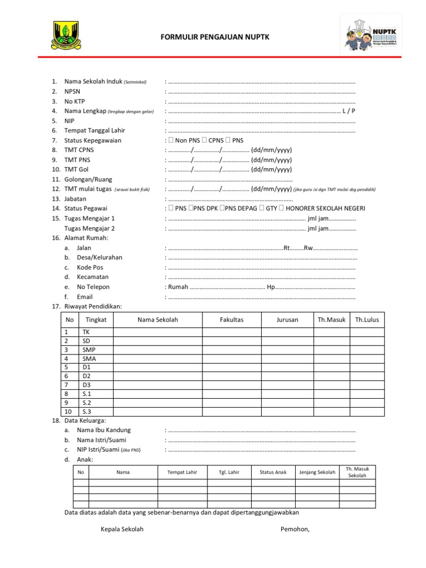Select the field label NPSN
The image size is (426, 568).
(72, 92)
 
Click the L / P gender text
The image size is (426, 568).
(349, 111)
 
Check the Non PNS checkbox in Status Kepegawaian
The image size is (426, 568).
(171, 140)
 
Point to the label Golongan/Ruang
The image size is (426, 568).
(88, 179)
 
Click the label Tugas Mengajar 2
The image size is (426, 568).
(89, 228)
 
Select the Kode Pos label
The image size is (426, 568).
(90, 267)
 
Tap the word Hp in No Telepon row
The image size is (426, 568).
(271, 287)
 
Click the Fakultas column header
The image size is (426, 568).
(231, 319)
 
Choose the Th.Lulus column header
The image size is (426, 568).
(367, 319)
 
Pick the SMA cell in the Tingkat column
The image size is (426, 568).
(89, 359)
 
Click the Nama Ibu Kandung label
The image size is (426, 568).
(104, 430)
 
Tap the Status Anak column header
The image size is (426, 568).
(273, 472)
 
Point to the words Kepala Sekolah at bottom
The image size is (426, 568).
(122, 529)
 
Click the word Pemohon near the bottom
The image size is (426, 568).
(295, 529)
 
